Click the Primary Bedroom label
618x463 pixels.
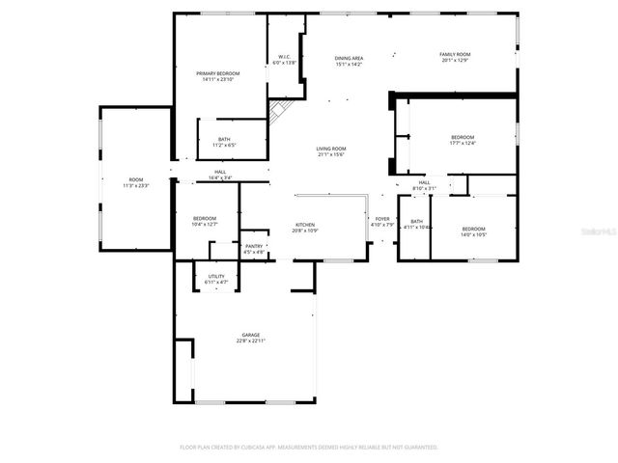point(218,73)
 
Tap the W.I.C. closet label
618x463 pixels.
point(285,57)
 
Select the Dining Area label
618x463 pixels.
point(349,59)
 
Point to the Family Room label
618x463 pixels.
point(455,54)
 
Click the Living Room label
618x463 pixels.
point(331,149)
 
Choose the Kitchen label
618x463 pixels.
point(305,225)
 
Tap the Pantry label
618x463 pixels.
point(254,246)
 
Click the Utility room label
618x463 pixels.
point(216,277)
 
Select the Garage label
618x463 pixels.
point(251,335)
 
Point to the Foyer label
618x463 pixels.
point(382,219)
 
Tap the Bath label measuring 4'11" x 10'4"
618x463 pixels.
point(416,221)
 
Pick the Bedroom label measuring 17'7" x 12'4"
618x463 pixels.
point(463,137)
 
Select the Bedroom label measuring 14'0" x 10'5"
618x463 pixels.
point(473,229)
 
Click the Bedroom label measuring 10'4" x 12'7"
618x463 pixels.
point(204,218)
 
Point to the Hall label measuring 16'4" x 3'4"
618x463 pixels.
point(220,173)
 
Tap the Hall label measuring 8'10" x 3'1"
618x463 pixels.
point(425,182)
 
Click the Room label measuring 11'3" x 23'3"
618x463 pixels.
point(136,179)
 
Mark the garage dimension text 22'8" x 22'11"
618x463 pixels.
point(251,340)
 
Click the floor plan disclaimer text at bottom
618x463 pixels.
point(309,448)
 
